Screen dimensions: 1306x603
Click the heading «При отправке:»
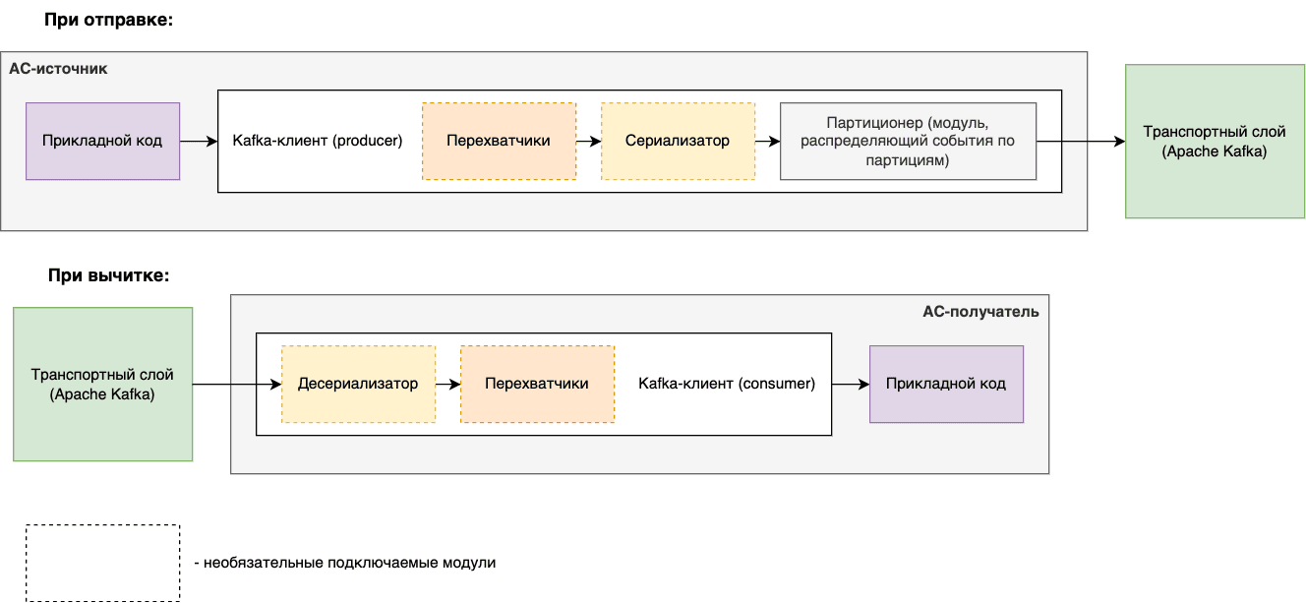pos(108,20)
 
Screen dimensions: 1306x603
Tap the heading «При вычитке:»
pos(108,275)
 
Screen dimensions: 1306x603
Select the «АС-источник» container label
pos(58,69)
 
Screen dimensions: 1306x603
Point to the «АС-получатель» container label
pos(980,312)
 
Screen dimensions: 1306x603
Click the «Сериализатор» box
pos(678,141)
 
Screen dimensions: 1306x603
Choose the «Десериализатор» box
pos(358,384)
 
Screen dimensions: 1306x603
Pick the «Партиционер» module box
pos(908,141)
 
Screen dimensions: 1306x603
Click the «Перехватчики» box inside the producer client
pos(499,141)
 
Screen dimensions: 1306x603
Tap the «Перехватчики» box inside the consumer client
pos(537,384)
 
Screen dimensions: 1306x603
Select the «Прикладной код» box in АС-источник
pos(102,141)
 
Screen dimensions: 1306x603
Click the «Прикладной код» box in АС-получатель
pos(946,384)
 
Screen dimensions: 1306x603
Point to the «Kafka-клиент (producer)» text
pos(318,141)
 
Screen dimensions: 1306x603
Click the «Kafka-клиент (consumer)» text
pos(727,384)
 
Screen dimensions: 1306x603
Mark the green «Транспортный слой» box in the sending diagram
pos(1215,141)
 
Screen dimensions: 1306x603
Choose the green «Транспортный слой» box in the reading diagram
pos(102,385)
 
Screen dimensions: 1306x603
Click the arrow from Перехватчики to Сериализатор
pos(588,141)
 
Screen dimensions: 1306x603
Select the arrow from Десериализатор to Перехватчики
pos(447,385)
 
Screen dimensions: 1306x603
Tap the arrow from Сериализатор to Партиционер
pos(767,141)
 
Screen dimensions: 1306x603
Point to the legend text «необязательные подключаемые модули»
pos(349,563)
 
